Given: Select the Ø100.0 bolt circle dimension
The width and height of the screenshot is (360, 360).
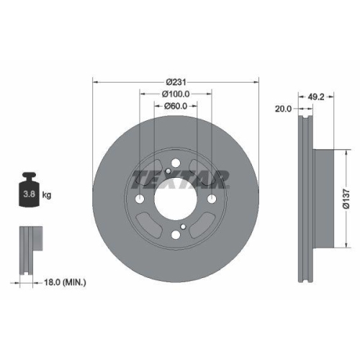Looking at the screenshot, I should (x=175, y=93).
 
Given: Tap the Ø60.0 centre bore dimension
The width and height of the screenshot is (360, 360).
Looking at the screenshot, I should (x=175, y=106).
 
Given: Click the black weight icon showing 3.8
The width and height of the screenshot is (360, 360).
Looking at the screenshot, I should (x=30, y=192).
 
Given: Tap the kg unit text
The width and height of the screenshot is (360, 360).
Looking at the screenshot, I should (x=47, y=195).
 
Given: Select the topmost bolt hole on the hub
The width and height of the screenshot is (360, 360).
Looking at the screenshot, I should (x=175, y=162).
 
